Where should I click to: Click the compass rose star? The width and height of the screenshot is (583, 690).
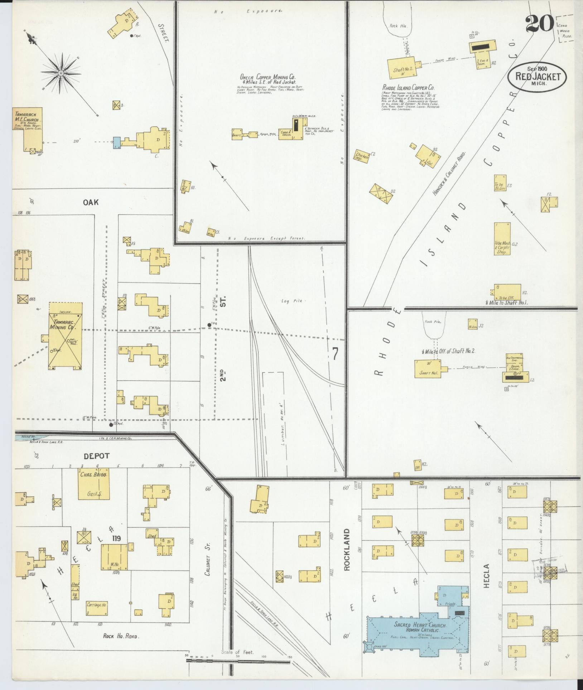pyautogui.click(x=61, y=73)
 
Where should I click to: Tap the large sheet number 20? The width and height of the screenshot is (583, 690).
pyautogui.click(x=540, y=24)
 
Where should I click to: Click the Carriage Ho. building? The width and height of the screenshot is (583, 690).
pyautogui.click(x=97, y=605)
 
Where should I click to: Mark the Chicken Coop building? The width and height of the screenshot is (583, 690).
pyautogui.click(x=362, y=156)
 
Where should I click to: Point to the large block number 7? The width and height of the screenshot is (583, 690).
pyautogui.click(x=335, y=354)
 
